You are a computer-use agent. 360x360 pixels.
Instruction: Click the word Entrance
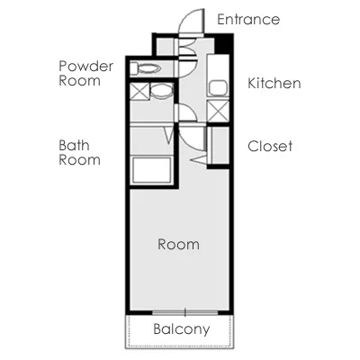[248, 20]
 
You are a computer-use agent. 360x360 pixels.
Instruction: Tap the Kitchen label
[274, 83]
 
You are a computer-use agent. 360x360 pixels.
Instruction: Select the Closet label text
[270, 146]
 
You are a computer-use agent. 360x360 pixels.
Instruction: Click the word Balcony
[182, 329]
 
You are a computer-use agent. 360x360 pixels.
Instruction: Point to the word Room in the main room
[178, 244]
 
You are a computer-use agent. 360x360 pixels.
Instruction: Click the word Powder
[86, 66]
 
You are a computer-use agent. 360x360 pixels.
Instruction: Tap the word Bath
[74, 146]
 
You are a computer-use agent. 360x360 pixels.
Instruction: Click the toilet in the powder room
[146, 68]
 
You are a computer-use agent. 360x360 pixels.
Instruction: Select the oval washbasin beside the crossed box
[161, 91]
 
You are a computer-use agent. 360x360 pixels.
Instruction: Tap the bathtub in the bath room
[152, 169]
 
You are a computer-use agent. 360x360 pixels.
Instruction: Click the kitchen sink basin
[218, 87]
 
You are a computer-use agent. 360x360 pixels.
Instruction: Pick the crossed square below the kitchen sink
[218, 112]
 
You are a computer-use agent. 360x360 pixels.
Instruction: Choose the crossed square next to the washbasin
[139, 92]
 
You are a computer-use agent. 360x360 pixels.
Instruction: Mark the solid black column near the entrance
[223, 44]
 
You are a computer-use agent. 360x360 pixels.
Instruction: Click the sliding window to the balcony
[185, 312]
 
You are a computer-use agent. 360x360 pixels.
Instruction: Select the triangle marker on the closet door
[199, 159]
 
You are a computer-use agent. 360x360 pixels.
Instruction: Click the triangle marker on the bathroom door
[170, 135]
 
